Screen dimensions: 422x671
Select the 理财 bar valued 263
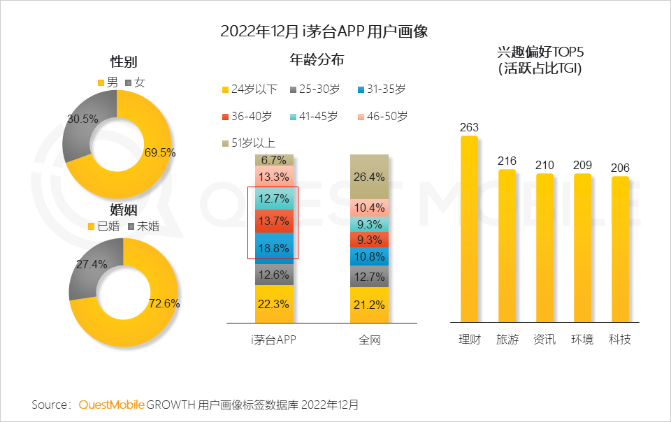click(x=469, y=231)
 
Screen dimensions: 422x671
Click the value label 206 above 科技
click(x=619, y=168)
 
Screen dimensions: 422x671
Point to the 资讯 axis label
click(x=544, y=340)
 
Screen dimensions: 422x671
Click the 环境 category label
click(x=582, y=340)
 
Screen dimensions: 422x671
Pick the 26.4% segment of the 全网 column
click(x=369, y=176)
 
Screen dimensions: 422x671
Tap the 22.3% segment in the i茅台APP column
click(x=274, y=304)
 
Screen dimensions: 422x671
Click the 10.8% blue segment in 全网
click(x=369, y=256)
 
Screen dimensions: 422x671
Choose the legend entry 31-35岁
click(x=381, y=89)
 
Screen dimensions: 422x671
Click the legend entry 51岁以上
click(x=250, y=143)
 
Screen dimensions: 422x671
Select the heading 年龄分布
click(x=316, y=60)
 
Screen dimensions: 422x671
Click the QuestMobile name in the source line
click(x=111, y=405)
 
